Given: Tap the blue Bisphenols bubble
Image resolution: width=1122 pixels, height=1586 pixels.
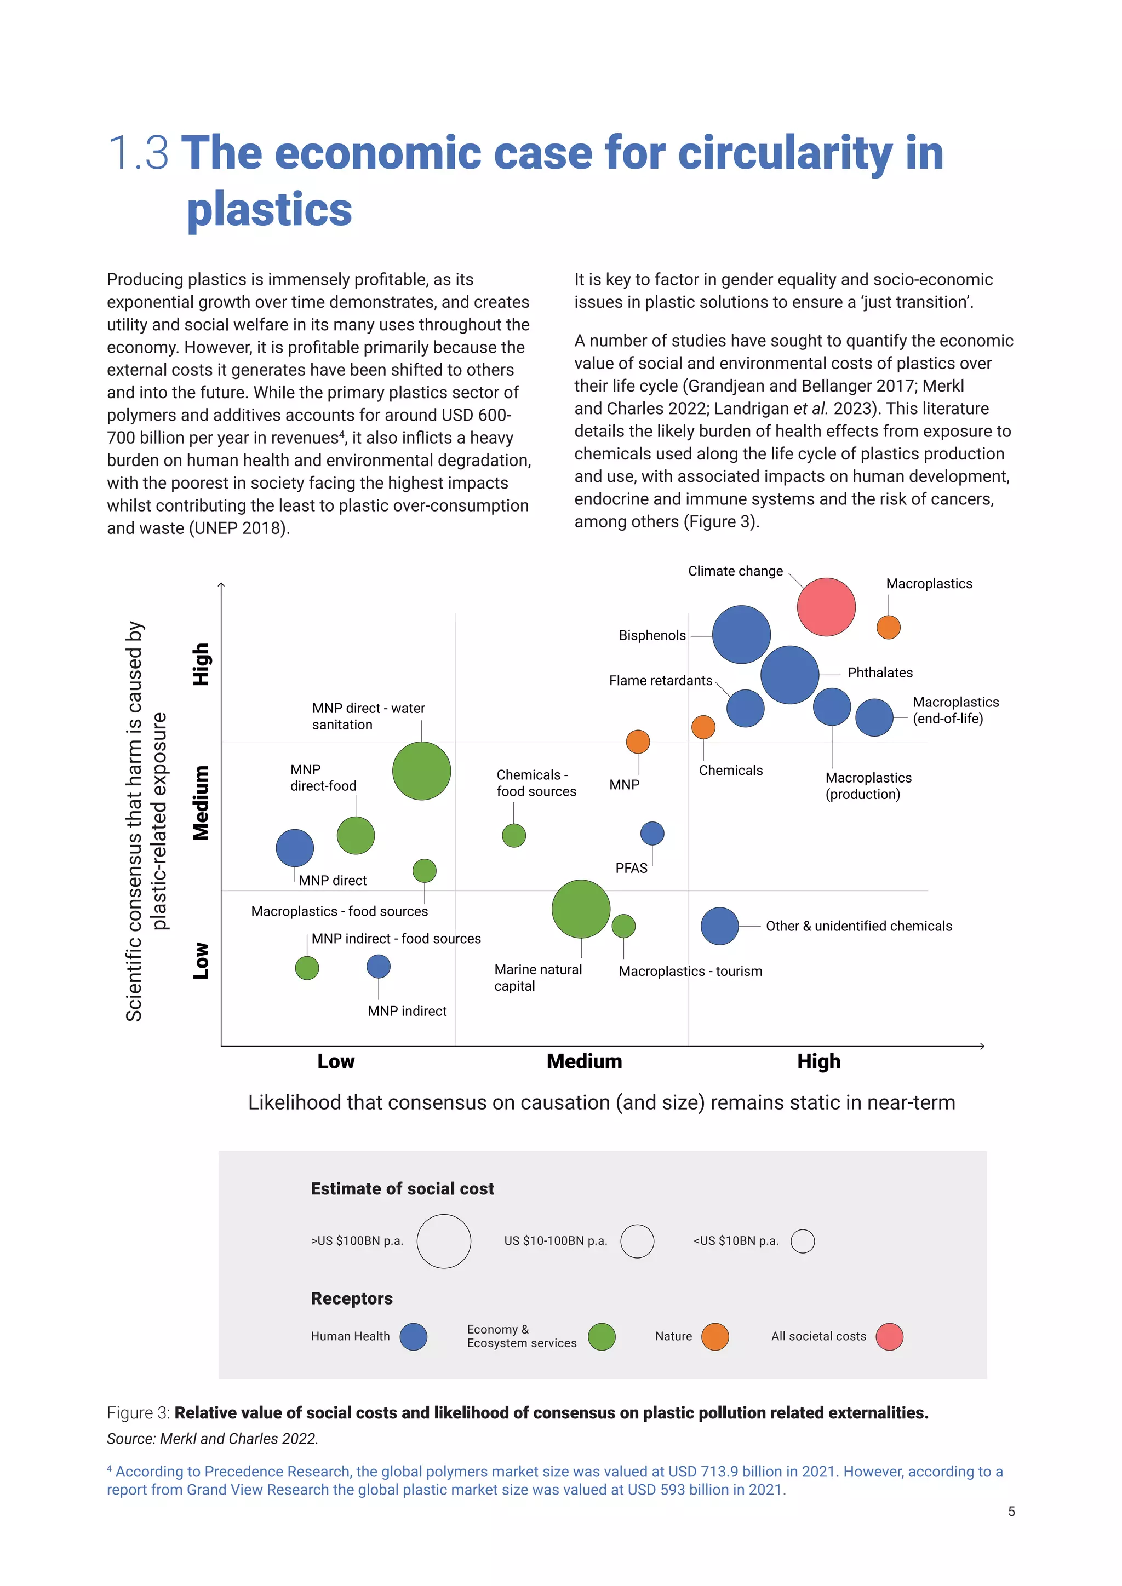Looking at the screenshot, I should pos(741,634).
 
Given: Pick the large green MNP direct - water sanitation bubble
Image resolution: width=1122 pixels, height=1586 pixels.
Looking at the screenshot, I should pos(421,771).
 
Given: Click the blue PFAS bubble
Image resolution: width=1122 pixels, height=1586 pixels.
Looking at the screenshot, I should pos(652,833).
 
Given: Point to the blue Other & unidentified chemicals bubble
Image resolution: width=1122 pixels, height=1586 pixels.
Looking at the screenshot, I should pos(719,926).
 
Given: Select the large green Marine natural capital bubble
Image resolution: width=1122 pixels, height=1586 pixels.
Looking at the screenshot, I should pos(581,909).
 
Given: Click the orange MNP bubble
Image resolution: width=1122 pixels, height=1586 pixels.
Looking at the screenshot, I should pos(638,741).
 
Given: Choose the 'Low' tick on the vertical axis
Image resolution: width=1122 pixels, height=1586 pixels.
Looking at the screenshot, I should pos(201,960).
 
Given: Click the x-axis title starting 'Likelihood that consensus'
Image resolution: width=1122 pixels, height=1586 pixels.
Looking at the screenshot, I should pos(601,1102).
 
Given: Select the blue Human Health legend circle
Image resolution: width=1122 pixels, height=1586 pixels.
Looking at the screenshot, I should pos(413,1337).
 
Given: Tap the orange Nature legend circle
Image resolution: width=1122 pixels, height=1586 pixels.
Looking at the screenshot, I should pos(714,1337).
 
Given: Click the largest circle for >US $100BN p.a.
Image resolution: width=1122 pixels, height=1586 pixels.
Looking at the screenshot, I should pos(444,1242).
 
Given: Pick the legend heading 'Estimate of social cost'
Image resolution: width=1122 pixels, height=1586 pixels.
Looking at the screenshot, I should pos(402,1189).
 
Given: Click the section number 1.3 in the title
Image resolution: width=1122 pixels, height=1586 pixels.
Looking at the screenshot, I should pos(138,153).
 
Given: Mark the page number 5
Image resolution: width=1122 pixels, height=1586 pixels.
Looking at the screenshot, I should pos(1011,1512).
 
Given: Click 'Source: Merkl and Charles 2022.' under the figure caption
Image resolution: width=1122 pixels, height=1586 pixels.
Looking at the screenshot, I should pos(212,1438).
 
